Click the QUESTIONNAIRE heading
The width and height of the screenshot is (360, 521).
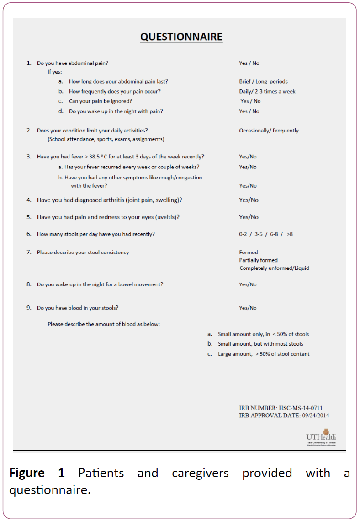point(181,37)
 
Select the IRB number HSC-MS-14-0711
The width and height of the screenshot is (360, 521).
point(301,408)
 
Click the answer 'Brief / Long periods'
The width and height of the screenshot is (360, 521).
point(263,82)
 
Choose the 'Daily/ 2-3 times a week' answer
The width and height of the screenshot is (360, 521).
point(267,91)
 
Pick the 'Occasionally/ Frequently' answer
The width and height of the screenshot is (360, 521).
point(269,131)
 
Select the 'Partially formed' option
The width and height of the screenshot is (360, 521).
point(258,260)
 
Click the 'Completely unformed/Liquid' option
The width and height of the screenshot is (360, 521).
point(274,268)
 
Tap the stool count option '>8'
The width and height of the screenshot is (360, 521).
point(290,234)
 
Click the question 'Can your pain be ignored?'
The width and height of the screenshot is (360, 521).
point(100,101)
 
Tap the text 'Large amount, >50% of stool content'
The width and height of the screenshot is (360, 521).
point(264,354)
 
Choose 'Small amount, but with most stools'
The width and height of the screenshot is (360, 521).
point(260,344)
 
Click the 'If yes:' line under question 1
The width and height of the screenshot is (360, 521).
point(55,72)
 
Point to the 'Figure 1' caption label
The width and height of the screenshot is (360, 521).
point(37,473)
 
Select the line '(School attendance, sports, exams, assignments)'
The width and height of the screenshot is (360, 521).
point(106,139)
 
